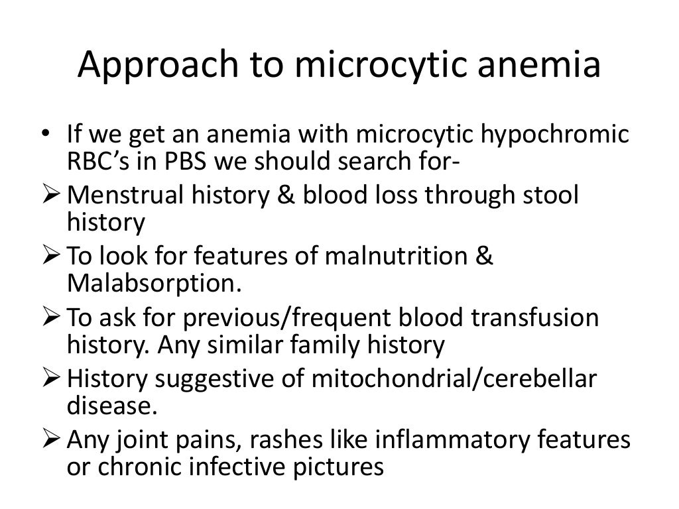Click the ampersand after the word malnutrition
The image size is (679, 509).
click(x=485, y=256)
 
